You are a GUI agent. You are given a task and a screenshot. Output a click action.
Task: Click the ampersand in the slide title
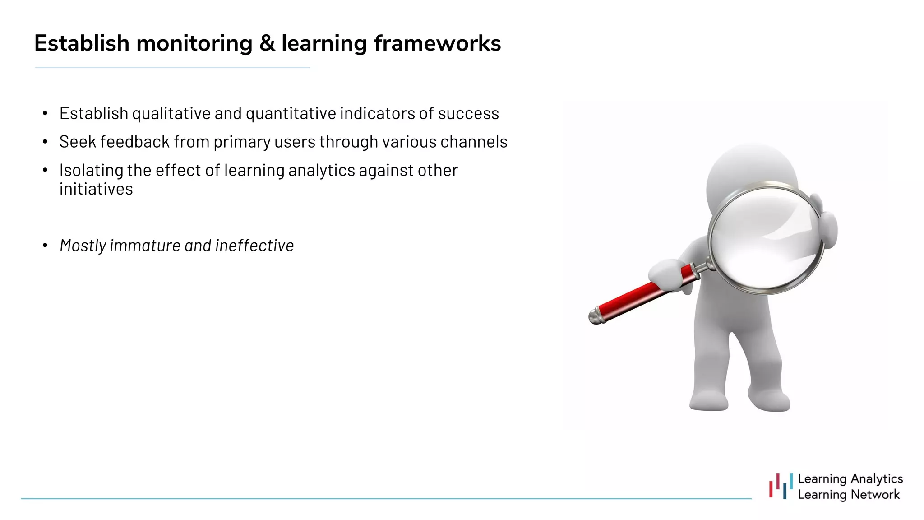tap(268, 44)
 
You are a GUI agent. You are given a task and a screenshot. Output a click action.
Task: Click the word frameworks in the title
tap(437, 44)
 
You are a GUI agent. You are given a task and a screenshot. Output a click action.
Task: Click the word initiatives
tap(96, 189)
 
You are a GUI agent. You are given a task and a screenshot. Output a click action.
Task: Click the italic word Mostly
tap(83, 246)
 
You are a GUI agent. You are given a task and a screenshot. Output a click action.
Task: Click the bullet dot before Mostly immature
tap(45, 246)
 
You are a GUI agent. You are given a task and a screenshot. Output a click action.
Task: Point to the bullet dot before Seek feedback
tap(45, 142)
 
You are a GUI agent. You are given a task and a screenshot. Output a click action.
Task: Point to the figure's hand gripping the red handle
tap(666, 275)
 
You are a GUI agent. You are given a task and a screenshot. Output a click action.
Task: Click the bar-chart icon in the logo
tap(781, 486)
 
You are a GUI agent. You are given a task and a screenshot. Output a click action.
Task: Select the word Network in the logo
tap(875, 495)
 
